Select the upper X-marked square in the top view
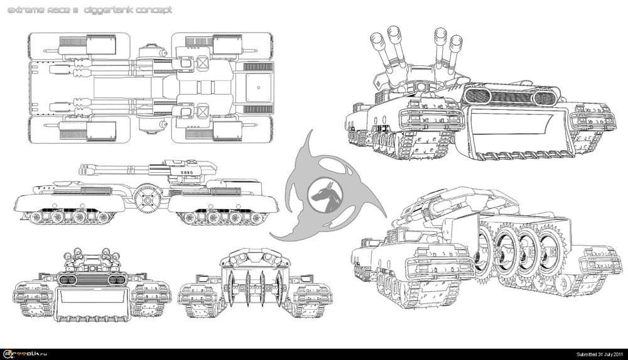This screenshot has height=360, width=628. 203,63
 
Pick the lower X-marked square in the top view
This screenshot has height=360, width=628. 203,112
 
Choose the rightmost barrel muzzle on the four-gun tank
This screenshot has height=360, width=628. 457,42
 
